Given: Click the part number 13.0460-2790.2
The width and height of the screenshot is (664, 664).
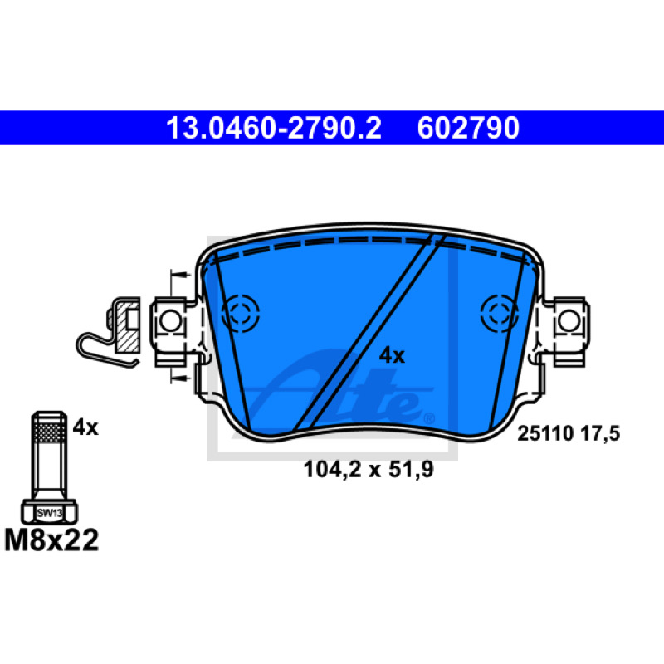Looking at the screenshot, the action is click(x=274, y=128).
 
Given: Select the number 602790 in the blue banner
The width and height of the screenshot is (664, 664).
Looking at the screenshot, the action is click(x=468, y=128).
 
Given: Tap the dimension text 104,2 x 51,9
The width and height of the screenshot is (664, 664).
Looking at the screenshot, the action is click(x=369, y=470).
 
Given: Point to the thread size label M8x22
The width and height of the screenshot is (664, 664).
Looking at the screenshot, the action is click(x=51, y=540).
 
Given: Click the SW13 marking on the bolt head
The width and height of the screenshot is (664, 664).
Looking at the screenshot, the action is click(x=50, y=513).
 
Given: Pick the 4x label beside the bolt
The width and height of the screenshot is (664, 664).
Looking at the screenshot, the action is click(x=85, y=427).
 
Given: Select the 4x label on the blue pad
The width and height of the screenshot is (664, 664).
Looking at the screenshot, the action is click(x=392, y=356).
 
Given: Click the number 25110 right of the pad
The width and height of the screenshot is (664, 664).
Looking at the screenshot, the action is click(x=545, y=433).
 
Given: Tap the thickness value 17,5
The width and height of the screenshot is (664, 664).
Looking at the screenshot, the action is click(x=600, y=434).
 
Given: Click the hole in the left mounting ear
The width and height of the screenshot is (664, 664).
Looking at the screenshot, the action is click(x=171, y=321).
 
